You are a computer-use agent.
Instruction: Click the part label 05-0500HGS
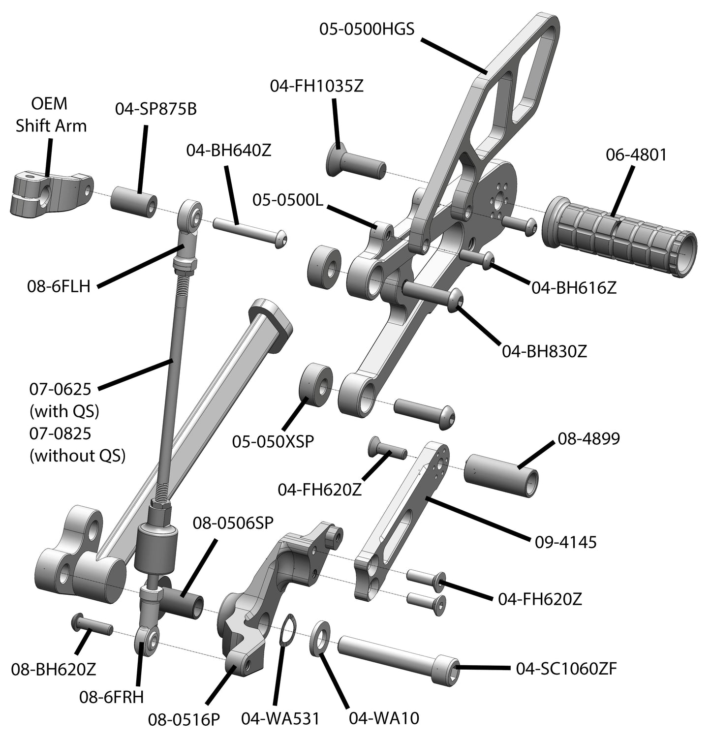coord(367,30)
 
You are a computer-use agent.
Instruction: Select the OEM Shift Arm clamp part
coord(49,192)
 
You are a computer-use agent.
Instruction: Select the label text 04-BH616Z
coord(574,288)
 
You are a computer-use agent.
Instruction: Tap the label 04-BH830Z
coord(544,351)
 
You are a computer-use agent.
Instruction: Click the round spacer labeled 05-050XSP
coord(316,385)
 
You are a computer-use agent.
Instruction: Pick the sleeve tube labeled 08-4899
coord(500,475)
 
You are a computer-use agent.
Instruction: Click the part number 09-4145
coord(565,542)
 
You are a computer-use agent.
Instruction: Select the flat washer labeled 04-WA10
coord(321,638)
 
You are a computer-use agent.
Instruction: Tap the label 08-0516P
coord(184,719)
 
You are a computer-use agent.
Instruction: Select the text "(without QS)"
coord(77,456)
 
